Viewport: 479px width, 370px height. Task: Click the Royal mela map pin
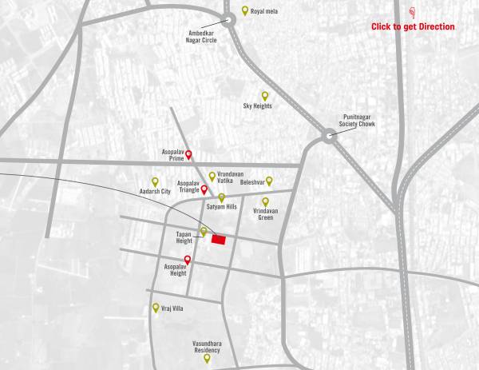245,11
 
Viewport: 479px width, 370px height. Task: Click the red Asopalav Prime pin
188,155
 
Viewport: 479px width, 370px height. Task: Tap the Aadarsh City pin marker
156,181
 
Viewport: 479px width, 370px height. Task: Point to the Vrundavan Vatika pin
212,176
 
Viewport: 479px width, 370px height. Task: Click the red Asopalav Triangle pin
204,189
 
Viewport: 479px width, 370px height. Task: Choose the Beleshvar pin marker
269,181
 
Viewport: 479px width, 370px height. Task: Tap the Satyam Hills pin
222,197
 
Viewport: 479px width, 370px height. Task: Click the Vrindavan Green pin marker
266,202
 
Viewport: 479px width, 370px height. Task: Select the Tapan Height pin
204,232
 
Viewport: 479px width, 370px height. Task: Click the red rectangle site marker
219,239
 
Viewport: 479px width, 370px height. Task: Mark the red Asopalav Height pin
188,260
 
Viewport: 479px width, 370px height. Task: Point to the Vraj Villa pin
156,307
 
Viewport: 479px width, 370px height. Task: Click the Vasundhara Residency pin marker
207,358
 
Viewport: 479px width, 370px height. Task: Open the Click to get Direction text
413,27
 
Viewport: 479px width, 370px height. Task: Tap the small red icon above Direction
412,13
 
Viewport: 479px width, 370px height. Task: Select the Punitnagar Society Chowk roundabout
328,137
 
